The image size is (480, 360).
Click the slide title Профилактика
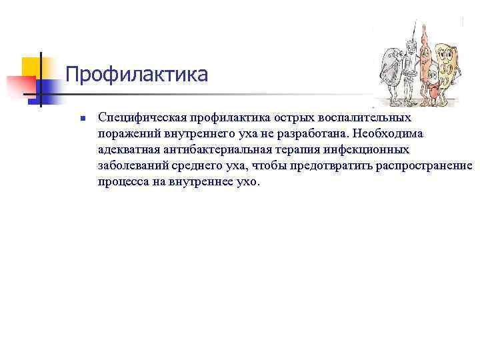click(137, 74)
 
